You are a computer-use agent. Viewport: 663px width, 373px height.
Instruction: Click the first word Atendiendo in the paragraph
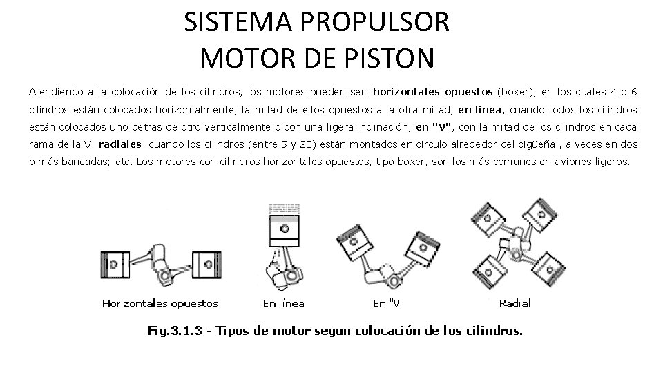55,91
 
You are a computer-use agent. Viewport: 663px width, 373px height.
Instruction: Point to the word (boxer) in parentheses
516,91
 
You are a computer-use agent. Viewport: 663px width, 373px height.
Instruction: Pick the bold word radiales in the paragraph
119,144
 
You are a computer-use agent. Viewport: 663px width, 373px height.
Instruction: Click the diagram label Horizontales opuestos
160,303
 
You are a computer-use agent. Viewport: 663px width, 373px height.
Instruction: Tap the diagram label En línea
284,303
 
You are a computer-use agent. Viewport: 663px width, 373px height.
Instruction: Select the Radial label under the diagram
515,303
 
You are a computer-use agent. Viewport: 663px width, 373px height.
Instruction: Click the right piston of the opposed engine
205,262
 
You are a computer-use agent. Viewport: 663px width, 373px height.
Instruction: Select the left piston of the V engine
358,241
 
